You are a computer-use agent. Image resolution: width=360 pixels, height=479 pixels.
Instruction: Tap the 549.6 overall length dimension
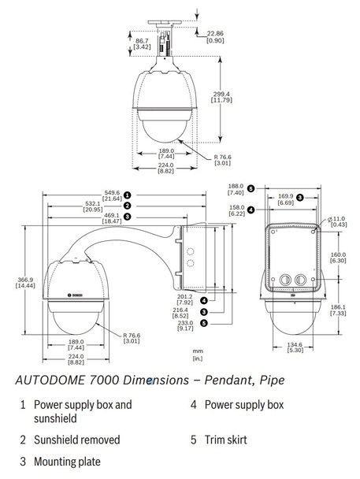(x=112, y=191)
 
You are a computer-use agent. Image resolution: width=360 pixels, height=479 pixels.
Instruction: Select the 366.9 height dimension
(x=24, y=280)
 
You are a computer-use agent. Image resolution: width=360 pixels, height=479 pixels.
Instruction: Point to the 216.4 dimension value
(x=185, y=311)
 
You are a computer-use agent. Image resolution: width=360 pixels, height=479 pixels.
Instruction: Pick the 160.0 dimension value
(x=338, y=255)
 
